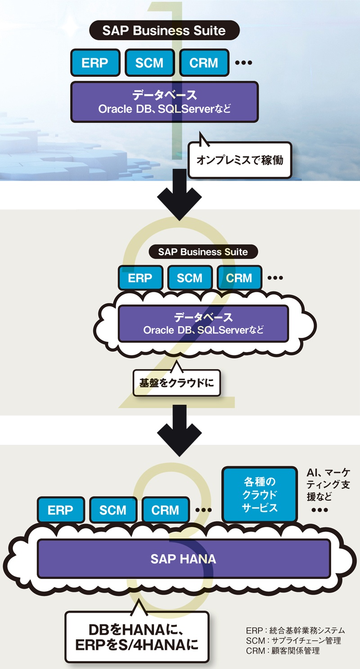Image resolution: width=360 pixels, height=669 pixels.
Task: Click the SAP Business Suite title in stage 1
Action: pos(164,31)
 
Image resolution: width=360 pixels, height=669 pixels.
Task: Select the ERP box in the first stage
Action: pos(95,62)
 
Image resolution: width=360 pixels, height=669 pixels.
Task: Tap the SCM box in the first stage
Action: pos(149,62)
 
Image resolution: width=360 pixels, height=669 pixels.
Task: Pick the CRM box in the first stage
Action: pos(204,62)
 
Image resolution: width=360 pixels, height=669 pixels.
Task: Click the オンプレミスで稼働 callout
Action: pos(240,159)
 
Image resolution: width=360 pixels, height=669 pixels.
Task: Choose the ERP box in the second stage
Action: pos(140,278)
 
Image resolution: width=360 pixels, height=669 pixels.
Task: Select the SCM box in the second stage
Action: pos(189,278)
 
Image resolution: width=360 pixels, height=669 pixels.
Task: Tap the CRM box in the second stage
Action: pos(239,278)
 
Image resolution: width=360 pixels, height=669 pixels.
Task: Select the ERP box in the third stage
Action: pos(60,510)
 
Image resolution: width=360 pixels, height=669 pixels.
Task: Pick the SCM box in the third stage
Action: pos(113,510)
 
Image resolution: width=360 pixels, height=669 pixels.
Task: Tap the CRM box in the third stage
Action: pos(165,510)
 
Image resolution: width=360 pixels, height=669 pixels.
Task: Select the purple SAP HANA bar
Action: pos(184,559)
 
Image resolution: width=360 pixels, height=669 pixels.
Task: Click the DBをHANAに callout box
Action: pos(137,636)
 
